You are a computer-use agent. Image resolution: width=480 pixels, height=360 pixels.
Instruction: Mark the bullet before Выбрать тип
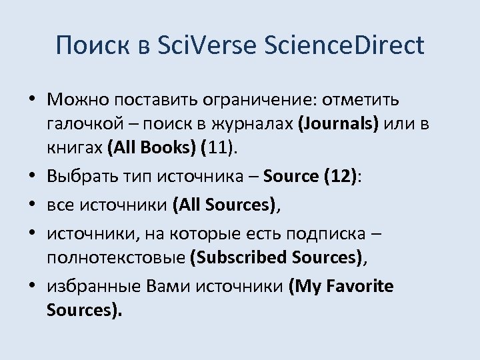tap(33, 177)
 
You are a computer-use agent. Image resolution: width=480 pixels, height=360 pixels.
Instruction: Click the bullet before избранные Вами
tap(33, 287)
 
